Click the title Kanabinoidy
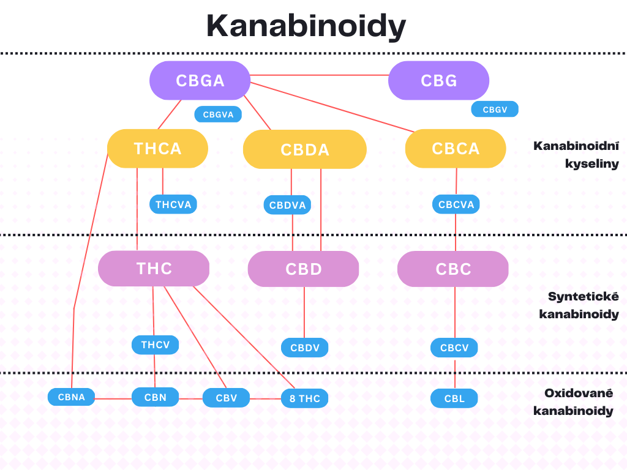click(306, 26)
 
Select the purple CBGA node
click(200, 81)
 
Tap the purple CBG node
click(438, 81)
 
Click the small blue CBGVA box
click(218, 114)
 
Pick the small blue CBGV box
click(495, 110)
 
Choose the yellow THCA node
click(157, 149)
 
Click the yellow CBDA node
click(304, 149)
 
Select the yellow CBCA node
click(456, 149)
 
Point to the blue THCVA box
click(173, 204)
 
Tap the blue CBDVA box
click(287, 205)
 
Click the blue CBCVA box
click(456, 204)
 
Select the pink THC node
click(154, 269)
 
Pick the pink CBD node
click(303, 269)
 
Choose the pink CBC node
click(453, 269)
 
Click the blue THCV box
click(155, 345)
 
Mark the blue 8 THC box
click(304, 399)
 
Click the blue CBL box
click(454, 399)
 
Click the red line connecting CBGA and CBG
click(318, 75)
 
